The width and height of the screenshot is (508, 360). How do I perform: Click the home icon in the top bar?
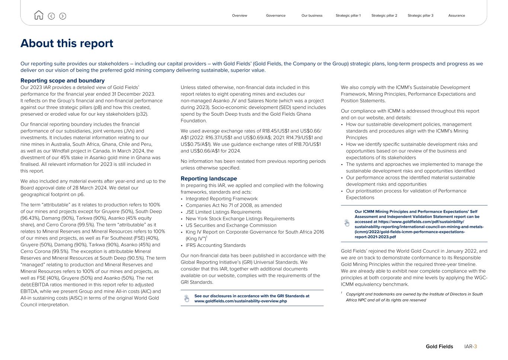pyautogui.click(x=38, y=15)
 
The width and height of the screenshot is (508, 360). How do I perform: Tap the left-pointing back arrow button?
pyautogui.click(x=51, y=16)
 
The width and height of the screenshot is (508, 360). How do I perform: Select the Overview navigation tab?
pyautogui.click(x=239, y=16)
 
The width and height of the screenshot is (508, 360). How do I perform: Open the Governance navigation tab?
pyautogui.click(x=276, y=16)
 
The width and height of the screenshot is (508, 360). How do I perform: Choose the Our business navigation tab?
pyautogui.click(x=312, y=16)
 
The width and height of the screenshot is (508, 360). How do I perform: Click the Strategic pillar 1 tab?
pyautogui.click(x=348, y=16)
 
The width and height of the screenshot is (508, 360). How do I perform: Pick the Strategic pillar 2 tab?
pyautogui.click(x=384, y=16)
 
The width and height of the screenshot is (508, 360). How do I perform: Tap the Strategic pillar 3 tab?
pyautogui.click(x=420, y=16)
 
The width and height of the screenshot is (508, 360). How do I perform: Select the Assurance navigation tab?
pyautogui.click(x=456, y=16)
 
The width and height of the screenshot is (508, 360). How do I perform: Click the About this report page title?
pyautogui.click(x=67, y=43)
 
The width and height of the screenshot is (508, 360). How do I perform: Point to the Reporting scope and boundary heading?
pyautogui.click(x=63, y=81)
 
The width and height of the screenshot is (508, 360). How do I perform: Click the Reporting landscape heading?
pyautogui.click(x=209, y=179)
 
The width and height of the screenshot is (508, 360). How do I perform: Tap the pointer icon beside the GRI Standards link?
pyautogui.click(x=186, y=298)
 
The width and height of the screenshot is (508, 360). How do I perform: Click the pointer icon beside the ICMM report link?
pyautogui.click(x=347, y=223)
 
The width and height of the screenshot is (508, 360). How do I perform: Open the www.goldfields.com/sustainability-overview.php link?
pyautogui.click(x=240, y=301)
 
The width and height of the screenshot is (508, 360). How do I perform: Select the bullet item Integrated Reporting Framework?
pyautogui.click(x=221, y=199)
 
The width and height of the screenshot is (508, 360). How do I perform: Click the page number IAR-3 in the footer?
pyautogui.click(x=470, y=347)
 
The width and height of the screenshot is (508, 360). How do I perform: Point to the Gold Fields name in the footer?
pyautogui.click(x=439, y=347)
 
